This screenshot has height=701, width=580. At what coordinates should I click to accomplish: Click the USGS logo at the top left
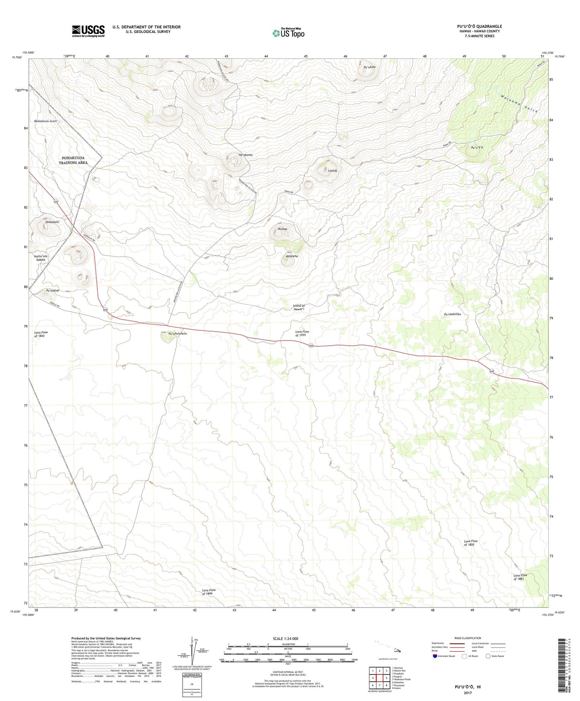tap(88, 31)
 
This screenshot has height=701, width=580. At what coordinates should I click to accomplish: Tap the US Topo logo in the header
tap(288, 33)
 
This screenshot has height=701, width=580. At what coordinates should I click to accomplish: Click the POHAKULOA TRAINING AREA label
tap(73, 160)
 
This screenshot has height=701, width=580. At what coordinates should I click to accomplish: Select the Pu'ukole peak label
tap(369, 67)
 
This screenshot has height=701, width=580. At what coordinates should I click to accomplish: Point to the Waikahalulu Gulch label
tap(45, 121)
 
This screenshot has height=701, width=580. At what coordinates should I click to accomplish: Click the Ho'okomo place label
tap(245, 155)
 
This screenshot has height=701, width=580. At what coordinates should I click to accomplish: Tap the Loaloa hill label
tap(332, 171)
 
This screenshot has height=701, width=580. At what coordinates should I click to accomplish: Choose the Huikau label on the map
tap(283, 228)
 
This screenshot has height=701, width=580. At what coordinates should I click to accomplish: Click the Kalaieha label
tap(292, 256)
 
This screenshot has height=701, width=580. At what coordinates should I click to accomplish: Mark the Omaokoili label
tap(52, 222)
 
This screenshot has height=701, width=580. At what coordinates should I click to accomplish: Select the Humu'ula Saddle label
tap(41, 258)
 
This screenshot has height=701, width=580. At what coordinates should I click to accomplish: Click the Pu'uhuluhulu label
tap(177, 333)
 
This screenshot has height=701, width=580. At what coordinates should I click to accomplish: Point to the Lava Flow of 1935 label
tap(302, 333)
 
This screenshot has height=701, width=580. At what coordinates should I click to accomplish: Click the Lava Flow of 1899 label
tap(208, 592)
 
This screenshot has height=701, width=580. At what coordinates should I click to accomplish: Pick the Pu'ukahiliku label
tap(452, 314)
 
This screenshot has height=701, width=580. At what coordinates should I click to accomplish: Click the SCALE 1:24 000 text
tap(285, 639)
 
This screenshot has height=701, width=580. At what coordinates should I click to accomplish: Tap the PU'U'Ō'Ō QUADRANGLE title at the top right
tap(479, 26)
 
